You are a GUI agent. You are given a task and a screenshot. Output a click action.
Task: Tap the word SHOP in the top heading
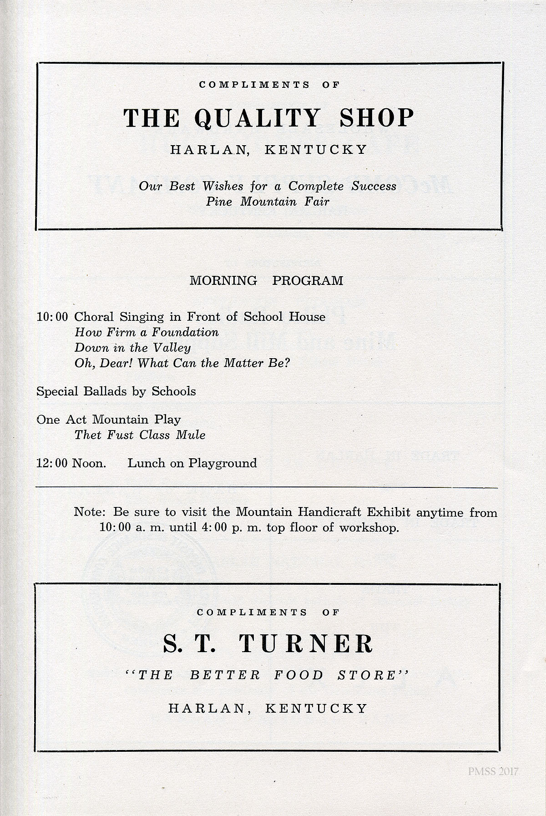coord(377,118)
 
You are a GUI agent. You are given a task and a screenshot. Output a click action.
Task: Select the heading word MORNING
coord(223,280)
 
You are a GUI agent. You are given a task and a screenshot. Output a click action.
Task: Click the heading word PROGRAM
coord(308,280)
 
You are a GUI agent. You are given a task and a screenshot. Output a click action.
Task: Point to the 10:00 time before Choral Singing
coord(52,317)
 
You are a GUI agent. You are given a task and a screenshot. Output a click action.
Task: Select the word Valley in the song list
coord(172,348)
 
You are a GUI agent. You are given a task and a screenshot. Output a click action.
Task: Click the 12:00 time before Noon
coord(52,463)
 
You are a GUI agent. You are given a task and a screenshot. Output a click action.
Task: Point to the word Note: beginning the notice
coord(90,512)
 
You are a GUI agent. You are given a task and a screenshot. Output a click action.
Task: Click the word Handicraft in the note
coord(331,512)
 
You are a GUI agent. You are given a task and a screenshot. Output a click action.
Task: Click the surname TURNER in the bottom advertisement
coord(306,644)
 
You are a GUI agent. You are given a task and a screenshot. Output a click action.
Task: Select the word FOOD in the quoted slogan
coord(298,675)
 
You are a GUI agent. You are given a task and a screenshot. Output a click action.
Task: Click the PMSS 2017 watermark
coord(493,771)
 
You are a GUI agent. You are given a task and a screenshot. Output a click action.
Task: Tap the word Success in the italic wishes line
coord(374,186)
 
